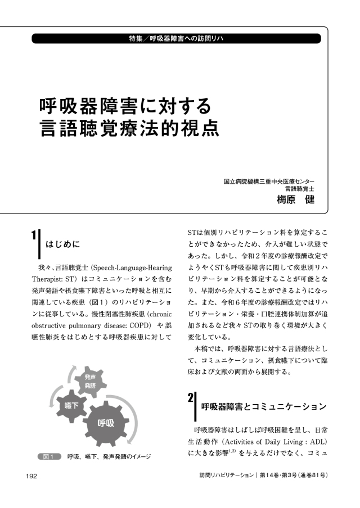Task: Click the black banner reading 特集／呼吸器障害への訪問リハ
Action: [x=176, y=39]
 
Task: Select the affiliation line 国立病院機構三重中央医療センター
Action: [x=269, y=182]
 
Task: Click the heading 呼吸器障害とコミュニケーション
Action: [x=263, y=406]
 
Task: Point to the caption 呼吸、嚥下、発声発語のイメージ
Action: [x=109, y=456]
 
